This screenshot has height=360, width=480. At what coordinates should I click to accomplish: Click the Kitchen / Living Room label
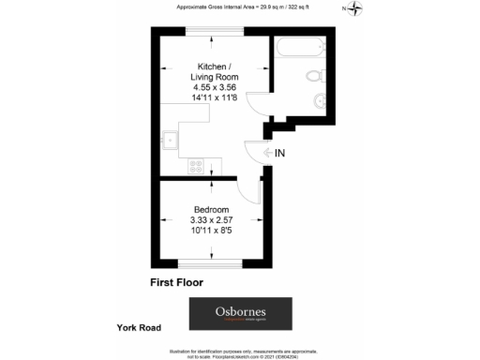[x=211, y=71]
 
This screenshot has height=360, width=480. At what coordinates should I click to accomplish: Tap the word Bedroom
[x=211, y=208]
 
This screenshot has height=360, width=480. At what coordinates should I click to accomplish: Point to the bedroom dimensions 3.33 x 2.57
[x=211, y=219]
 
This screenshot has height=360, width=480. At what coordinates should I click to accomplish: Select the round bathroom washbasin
[x=318, y=99]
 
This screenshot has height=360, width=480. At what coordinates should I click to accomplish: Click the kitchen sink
[x=172, y=142]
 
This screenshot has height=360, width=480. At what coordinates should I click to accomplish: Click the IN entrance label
[x=281, y=152]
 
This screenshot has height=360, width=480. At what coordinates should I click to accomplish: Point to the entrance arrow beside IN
[x=269, y=152]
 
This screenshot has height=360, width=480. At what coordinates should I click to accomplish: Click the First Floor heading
[x=176, y=281]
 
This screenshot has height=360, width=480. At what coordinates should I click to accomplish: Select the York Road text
[x=139, y=328]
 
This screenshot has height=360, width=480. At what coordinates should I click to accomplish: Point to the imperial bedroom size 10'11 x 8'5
[x=211, y=230]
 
